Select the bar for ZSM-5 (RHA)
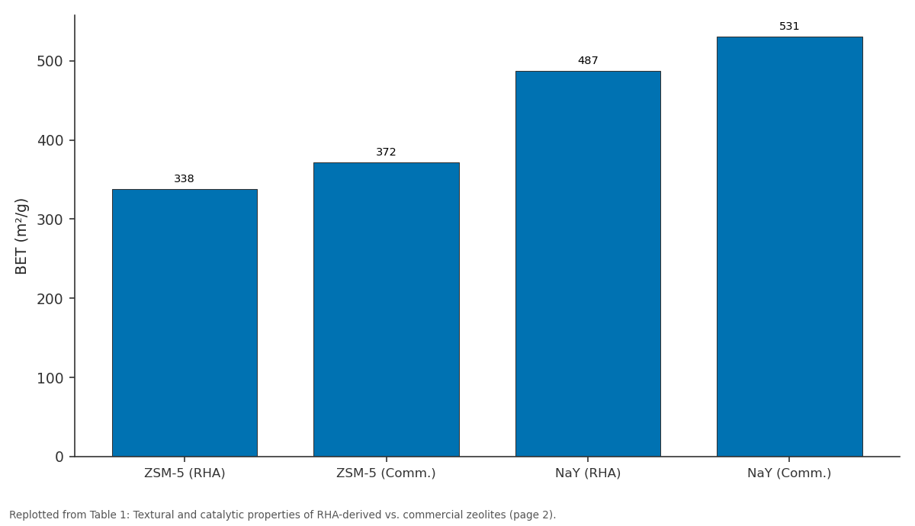click(185, 322)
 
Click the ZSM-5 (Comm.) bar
click(387, 310)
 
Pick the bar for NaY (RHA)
click(588, 264)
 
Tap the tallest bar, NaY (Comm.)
click(790, 247)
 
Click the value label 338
click(184, 179)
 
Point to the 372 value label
click(386, 152)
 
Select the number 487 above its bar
click(588, 61)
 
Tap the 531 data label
click(789, 27)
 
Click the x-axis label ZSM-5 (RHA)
click(185, 473)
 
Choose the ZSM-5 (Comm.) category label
click(386, 473)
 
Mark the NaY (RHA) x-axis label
click(588, 473)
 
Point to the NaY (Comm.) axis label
click(789, 473)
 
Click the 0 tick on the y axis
click(59, 457)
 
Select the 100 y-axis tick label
click(50, 378)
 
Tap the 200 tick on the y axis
click(50, 300)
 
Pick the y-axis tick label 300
click(50, 220)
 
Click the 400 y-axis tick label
click(50, 141)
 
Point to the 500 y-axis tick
click(50, 62)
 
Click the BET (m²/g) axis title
click(21, 236)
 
